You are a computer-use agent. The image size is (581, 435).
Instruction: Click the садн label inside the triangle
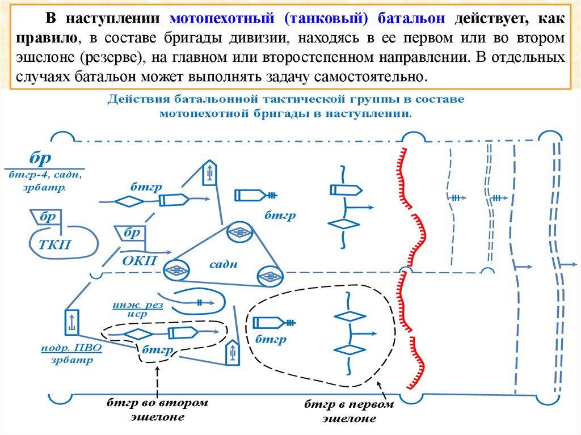point(224,264)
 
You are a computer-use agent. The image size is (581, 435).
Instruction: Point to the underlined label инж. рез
point(137,305)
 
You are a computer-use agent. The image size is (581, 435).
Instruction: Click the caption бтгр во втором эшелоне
point(157,409)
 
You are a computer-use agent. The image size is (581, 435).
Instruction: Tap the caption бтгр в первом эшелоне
point(348,412)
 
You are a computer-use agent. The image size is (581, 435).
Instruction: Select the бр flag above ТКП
point(48,217)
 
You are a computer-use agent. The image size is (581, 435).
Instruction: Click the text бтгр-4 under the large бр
point(28,175)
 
